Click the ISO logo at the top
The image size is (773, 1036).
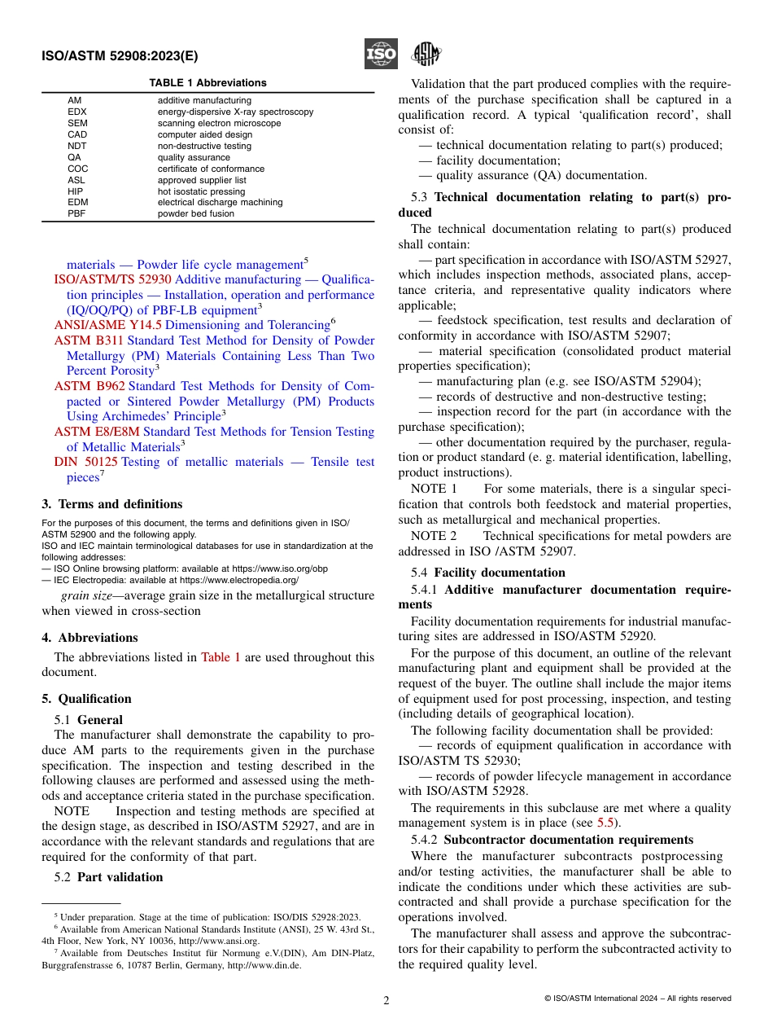click(x=381, y=55)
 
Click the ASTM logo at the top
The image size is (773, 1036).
click(x=425, y=55)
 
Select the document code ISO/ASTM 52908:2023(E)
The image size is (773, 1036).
click(x=120, y=56)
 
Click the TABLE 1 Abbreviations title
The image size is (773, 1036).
click(x=207, y=83)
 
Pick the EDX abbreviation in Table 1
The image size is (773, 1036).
click(x=77, y=112)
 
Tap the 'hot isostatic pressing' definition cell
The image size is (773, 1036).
click(x=201, y=191)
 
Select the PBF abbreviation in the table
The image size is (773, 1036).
click(x=77, y=214)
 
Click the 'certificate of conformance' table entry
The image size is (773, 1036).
click(x=211, y=169)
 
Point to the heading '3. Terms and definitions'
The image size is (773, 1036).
click(x=112, y=504)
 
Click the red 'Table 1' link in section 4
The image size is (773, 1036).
click(x=221, y=657)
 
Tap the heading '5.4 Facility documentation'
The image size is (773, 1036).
click(x=487, y=573)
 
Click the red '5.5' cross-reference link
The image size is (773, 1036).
click(x=605, y=823)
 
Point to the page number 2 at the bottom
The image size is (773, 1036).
click(x=386, y=1001)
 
